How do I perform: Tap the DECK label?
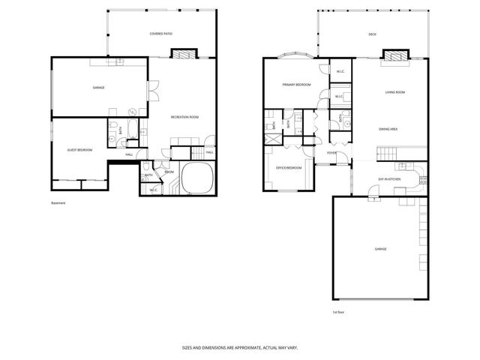point(372,34)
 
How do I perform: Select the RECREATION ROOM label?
point(184,117)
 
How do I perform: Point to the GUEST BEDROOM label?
point(79,150)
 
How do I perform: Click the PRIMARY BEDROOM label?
point(296,85)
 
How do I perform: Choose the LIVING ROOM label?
point(395,92)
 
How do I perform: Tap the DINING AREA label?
point(388,129)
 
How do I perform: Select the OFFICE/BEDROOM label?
point(289,167)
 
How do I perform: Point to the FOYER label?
point(331,153)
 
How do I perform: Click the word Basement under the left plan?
point(59,203)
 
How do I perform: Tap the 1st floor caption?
point(338,312)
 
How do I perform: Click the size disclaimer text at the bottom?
point(239,347)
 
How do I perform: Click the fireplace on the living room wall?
point(394,55)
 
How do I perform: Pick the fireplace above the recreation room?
point(184,54)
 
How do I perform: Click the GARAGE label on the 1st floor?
point(381,249)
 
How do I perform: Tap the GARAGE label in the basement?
point(98,88)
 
